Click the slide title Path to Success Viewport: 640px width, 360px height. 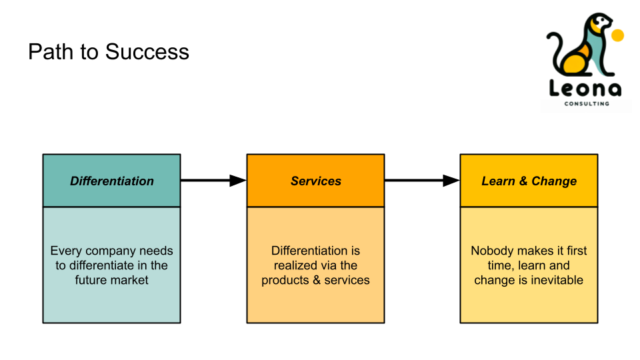pyautogui.click(x=109, y=52)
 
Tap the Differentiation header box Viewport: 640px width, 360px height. pyautogui.click(x=111, y=181)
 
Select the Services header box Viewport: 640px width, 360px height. pyautogui.click(x=315, y=181)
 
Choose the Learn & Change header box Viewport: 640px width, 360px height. pyautogui.click(x=529, y=181)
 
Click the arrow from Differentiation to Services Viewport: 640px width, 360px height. pyautogui.click(x=213, y=181)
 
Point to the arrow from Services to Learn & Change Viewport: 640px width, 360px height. pyautogui.click(x=423, y=181)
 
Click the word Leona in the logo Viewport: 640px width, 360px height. pyautogui.click(x=585, y=88)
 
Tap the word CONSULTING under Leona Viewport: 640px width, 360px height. pyautogui.click(x=587, y=104)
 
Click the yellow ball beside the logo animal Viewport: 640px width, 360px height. pyautogui.click(x=618, y=35)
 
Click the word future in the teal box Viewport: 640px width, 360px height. pyautogui.click(x=88, y=280)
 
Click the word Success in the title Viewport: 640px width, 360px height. pyautogui.click(x=147, y=52)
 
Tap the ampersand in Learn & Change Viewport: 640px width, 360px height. pyautogui.click(x=523, y=181)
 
